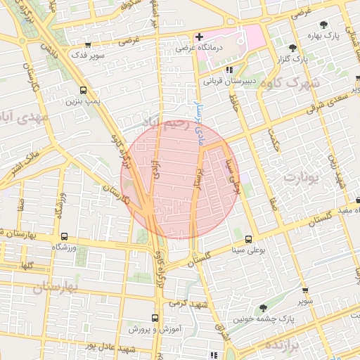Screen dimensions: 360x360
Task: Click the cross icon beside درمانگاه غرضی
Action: (200, 37)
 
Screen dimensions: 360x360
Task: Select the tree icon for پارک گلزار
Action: (293, 48)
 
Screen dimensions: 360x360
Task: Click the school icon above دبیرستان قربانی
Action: (229, 70)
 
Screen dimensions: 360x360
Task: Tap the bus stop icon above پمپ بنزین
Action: (84, 90)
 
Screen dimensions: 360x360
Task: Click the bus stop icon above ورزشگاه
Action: (64, 237)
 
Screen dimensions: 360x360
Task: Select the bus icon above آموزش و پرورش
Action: (156, 318)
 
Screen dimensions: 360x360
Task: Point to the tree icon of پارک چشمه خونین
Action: (263, 308)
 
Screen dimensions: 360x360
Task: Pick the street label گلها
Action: (27, 266)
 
